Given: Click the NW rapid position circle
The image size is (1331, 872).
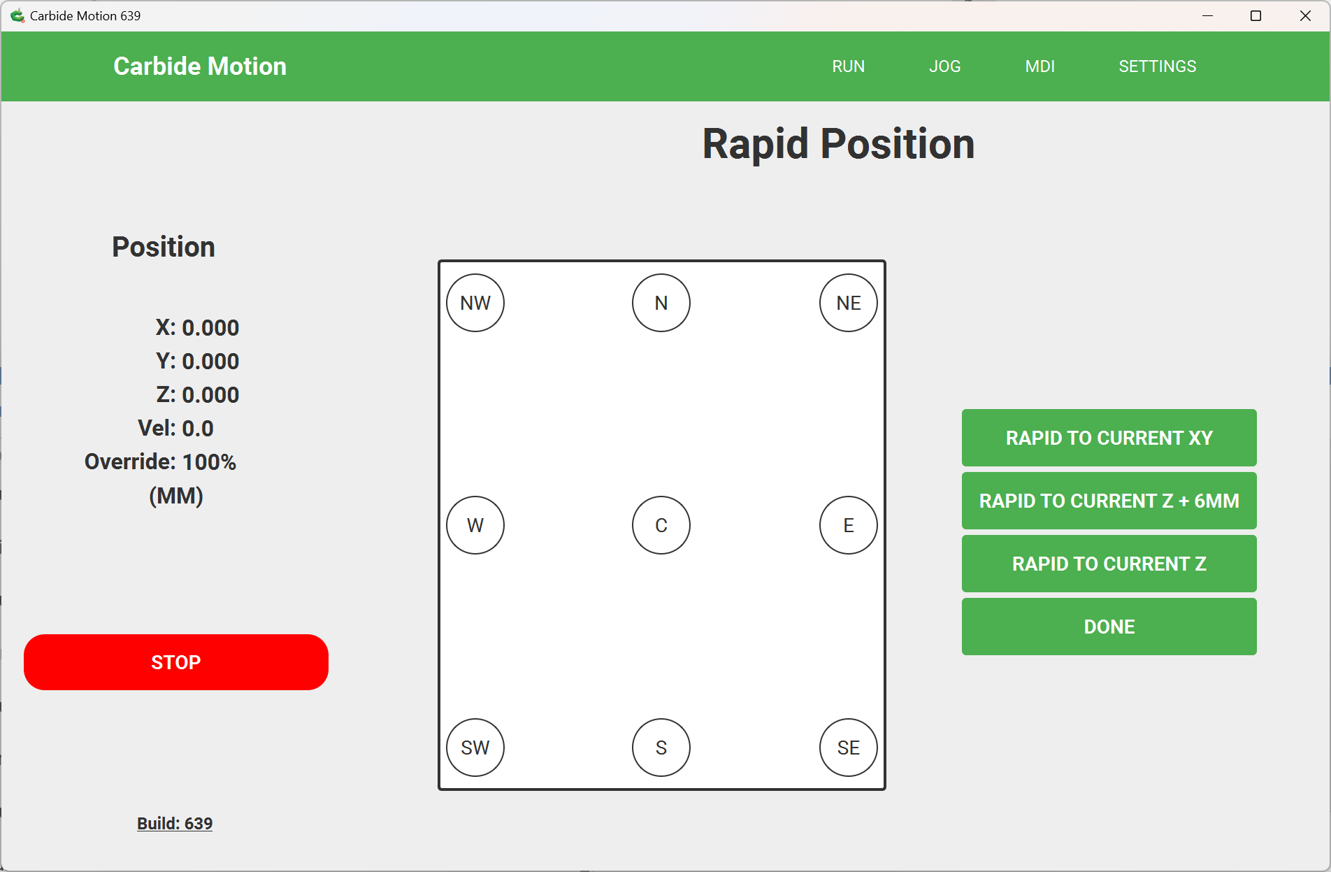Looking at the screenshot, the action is (475, 303).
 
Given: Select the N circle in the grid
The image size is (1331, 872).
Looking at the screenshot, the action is (661, 303).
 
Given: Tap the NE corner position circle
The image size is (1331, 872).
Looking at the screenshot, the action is (849, 303).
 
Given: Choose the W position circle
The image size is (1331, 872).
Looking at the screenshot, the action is (475, 525).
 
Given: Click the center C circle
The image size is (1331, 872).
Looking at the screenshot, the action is (661, 525).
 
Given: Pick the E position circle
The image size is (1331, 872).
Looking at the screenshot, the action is (849, 525).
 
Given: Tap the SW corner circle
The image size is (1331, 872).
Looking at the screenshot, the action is (475, 748).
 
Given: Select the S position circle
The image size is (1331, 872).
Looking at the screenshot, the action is (661, 748).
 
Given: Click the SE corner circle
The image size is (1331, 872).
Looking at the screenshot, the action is (849, 748).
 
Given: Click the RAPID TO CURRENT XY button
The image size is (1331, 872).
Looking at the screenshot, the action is (1109, 438).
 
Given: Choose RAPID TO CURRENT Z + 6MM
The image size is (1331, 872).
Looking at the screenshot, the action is (1109, 501).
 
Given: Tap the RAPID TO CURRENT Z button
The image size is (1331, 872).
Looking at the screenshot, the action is (1109, 564).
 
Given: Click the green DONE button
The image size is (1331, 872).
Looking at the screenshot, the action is (1109, 627).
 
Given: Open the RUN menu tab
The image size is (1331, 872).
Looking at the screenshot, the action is (848, 66).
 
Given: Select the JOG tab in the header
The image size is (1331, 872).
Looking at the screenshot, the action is (944, 66).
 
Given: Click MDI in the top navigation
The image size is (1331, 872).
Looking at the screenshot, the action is (1039, 66).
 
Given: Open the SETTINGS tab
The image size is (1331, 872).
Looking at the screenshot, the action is (1157, 66).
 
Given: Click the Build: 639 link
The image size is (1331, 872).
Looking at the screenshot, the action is (175, 824).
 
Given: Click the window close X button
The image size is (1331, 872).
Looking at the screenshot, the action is (1305, 16).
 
